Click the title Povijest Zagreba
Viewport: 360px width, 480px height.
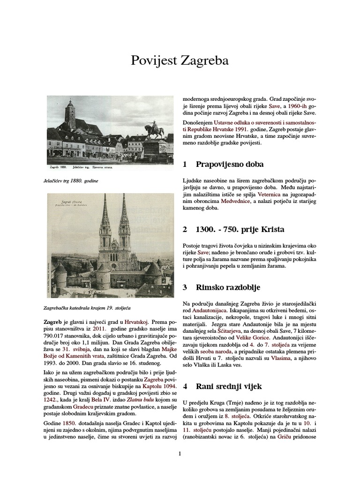(180, 61)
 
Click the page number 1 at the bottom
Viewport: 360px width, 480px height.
(180, 453)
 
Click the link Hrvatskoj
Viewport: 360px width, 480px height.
(136, 322)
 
